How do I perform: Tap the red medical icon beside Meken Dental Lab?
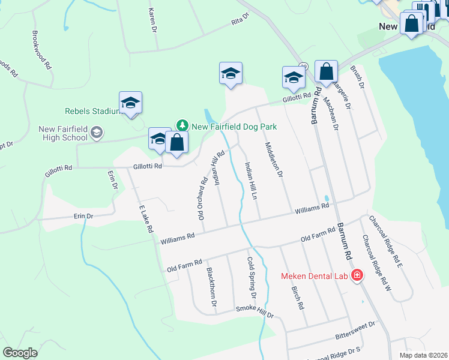click(357, 275)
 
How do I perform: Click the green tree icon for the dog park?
click(182, 125)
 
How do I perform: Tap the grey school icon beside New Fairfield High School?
click(97, 133)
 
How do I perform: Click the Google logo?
click(20, 352)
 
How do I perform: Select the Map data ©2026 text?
click(423, 355)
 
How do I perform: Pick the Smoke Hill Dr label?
click(254, 311)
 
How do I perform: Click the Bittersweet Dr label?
click(355, 324)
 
